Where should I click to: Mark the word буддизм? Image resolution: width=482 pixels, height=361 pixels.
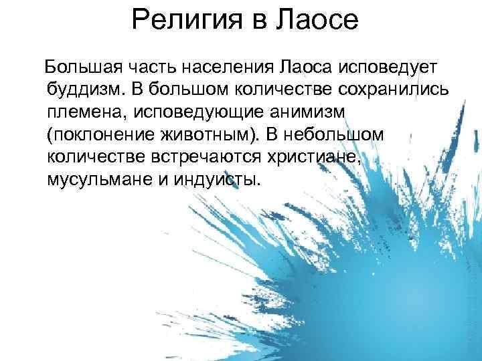(84, 90)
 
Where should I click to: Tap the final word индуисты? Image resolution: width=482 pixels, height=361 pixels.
(216, 180)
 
